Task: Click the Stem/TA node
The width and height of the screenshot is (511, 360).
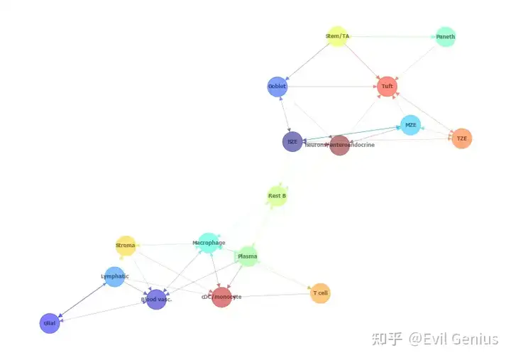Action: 337,36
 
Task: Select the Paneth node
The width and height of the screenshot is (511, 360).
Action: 445,37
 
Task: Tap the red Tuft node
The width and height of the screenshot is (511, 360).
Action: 387,87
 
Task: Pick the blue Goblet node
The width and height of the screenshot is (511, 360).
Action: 278,87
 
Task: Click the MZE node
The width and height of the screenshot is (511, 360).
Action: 410,125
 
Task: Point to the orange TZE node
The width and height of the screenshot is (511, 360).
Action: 461,138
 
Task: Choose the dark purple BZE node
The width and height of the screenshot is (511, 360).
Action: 292,141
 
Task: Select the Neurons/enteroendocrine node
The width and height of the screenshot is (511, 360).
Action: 340,145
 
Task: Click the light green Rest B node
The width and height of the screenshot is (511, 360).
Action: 277,196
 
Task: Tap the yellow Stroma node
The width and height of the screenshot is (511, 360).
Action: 126,246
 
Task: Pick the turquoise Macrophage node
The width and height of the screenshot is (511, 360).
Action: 208,243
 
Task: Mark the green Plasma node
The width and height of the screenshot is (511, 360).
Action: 247,256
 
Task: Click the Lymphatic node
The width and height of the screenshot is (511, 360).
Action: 115,276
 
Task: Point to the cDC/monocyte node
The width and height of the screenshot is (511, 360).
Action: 221,297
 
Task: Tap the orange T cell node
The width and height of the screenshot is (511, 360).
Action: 320,293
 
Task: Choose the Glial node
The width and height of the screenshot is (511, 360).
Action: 50,323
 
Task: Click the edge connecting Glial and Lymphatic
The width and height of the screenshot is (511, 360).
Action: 82,300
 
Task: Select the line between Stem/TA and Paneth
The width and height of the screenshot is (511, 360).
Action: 391,36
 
